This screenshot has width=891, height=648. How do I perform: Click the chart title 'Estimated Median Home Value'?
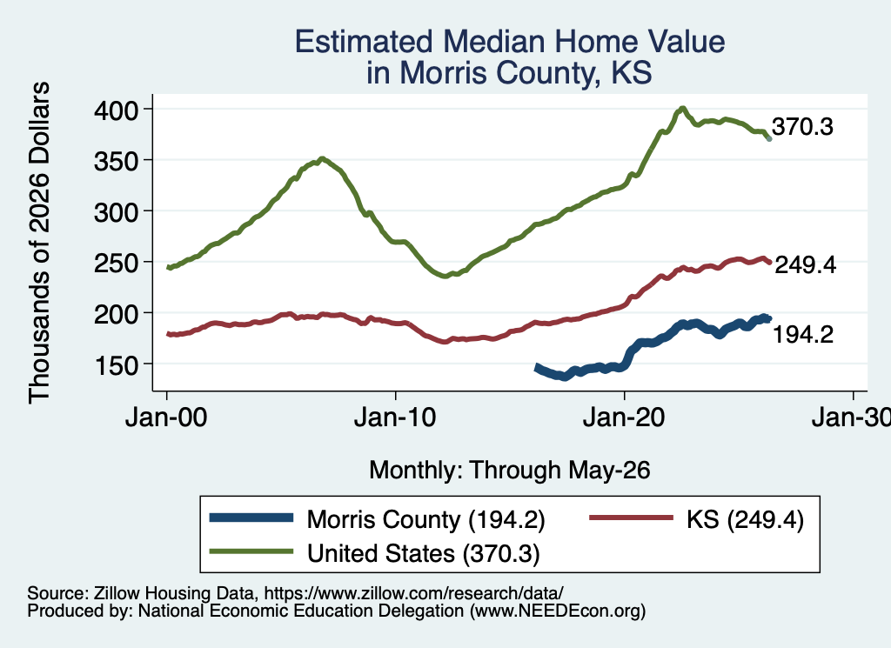pos(510,42)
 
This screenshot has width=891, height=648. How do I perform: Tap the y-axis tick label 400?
pos(116,110)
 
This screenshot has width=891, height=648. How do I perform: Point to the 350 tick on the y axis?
pos(116,161)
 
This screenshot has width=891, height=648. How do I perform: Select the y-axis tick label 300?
pos(116,212)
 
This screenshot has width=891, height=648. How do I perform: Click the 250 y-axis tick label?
pos(116,263)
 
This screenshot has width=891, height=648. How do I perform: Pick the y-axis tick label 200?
pos(116,314)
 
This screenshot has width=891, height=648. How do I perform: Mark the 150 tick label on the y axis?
pos(116,365)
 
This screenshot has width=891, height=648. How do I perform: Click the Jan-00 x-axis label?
pos(166,418)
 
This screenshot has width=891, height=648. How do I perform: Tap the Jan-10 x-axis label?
pos(395,418)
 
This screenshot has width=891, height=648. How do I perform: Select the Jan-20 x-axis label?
pos(624,418)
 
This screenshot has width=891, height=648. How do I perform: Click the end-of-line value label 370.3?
pos(802,127)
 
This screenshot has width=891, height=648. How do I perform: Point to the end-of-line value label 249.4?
pos(805,264)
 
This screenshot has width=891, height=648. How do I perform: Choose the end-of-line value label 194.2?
pos(803,335)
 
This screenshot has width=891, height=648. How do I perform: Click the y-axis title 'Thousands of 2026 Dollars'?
pos(40,243)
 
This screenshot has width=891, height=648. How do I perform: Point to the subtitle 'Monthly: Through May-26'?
pos(510,471)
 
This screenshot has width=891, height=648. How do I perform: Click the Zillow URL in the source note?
pos(414,593)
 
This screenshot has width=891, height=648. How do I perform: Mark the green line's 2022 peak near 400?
pos(682,108)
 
